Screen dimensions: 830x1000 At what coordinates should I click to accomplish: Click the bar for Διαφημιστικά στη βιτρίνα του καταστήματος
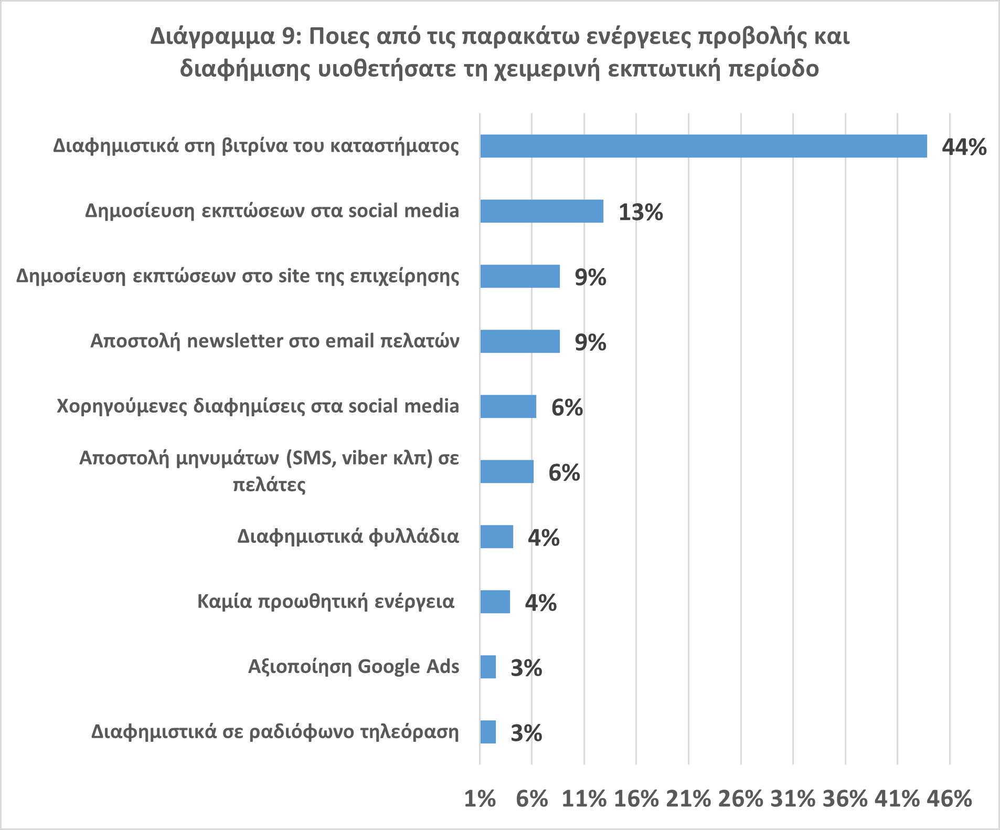[x=703, y=146]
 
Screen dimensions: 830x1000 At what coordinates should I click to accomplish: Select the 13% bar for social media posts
[x=541, y=211]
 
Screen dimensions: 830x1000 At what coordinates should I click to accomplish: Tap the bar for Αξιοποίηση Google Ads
[x=488, y=667]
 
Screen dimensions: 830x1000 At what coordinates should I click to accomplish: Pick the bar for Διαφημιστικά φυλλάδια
[x=496, y=537]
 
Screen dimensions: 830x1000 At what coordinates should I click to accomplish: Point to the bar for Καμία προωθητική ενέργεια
[x=495, y=602]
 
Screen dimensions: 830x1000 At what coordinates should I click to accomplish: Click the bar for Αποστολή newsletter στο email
[x=519, y=341]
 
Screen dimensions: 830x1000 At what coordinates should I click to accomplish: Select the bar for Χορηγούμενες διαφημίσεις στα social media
[x=508, y=406]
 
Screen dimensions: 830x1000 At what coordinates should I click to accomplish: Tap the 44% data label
[x=964, y=147]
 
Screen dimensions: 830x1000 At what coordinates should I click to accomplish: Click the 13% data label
[x=641, y=212]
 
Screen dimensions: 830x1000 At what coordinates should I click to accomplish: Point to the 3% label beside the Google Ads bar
[x=526, y=668]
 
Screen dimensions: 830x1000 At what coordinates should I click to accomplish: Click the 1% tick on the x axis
[x=480, y=799]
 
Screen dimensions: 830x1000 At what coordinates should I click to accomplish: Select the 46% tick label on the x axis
[x=949, y=799]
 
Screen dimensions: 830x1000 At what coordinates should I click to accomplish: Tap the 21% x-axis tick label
[x=688, y=799]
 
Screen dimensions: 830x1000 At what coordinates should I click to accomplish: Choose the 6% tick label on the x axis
[x=531, y=799]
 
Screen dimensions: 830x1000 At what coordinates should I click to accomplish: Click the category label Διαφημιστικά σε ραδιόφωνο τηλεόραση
[x=275, y=731]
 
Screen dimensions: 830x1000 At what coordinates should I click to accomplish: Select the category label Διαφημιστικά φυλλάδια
[x=348, y=536]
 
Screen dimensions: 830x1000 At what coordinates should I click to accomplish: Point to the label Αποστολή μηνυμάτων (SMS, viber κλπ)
[x=269, y=470]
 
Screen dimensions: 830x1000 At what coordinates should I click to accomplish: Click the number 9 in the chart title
[x=288, y=37]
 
